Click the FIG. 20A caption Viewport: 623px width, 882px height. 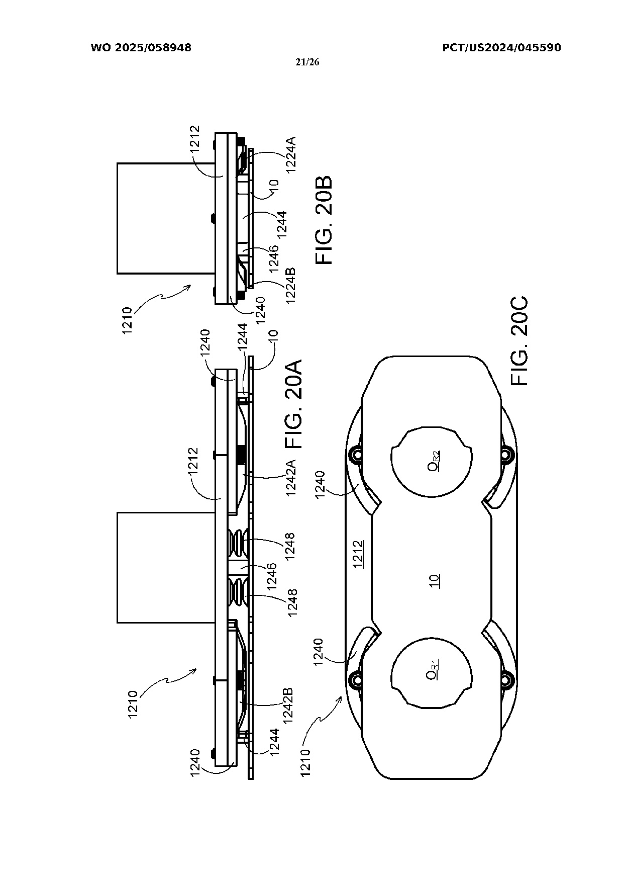pos(293,404)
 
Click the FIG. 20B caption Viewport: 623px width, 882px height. pos(324,220)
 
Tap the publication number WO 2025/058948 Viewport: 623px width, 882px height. pos(141,48)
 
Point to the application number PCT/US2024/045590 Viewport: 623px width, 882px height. pos(501,48)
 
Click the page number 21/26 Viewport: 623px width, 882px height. pos(308,62)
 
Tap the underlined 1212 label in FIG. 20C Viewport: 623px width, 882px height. pos(358,555)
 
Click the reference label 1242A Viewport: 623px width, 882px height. pos(291,478)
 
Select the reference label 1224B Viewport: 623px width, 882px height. pos(291,286)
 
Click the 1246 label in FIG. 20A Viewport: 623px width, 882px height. pos(272,576)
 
